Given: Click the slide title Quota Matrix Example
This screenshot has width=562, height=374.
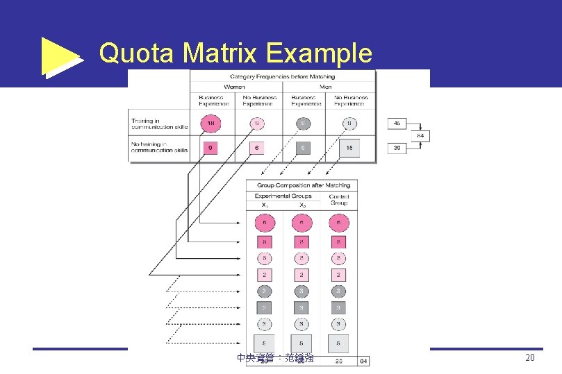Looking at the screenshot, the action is click(x=235, y=53).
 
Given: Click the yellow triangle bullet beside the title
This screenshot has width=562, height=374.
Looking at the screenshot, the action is click(x=60, y=56).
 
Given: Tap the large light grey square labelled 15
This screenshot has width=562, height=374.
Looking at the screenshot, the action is click(x=349, y=148).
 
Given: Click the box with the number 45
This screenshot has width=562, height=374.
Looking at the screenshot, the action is click(x=397, y=124).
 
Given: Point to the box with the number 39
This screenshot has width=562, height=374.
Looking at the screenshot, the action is click(x=397, y=148).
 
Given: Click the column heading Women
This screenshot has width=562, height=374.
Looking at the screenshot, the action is click(x=234, y=87).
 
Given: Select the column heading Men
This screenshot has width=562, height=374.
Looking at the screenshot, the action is click(x=327, y=87).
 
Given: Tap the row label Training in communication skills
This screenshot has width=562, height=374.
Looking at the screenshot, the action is click(x=159, y=124).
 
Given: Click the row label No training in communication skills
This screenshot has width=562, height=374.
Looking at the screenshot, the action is click(x=159, y=147).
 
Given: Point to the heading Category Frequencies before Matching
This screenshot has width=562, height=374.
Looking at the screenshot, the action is click(x=282, y=76).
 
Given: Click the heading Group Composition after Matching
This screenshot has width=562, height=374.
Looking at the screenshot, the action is click(x=304, y=185).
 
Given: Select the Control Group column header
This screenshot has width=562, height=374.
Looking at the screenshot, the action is click(x=339, y=199).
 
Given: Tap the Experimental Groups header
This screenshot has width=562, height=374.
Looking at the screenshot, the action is click(x=283, y=196).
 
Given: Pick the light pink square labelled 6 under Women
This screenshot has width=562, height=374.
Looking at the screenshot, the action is click(x=257, y=148).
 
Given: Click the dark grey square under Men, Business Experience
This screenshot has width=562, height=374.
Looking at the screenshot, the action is click(x=302, y=148).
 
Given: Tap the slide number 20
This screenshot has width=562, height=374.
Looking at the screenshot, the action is click(x=530, y=357).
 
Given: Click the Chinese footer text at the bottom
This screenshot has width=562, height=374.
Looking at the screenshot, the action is click(x=275, y=358).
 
